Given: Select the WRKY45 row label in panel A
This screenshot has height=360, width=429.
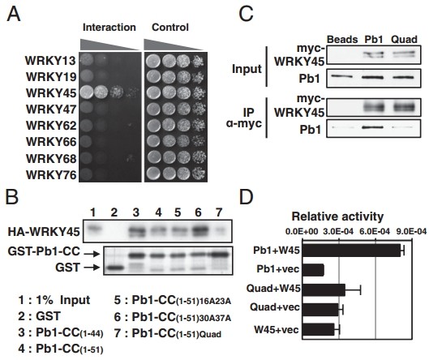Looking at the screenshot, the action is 51,93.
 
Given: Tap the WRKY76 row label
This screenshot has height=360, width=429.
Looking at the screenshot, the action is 51,175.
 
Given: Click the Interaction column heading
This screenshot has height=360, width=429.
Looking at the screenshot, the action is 109,28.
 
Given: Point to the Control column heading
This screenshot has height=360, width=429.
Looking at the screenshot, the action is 170,28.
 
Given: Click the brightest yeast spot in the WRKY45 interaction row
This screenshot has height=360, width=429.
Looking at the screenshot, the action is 87,92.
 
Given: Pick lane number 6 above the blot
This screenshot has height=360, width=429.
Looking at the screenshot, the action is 198,212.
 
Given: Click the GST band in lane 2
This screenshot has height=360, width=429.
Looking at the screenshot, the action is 114,268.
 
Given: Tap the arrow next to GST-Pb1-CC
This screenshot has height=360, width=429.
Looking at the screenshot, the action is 92,255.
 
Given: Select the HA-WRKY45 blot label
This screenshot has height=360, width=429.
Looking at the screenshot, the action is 44,232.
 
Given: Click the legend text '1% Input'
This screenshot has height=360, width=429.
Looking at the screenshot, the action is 63,300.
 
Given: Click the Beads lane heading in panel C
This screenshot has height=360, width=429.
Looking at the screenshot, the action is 342,40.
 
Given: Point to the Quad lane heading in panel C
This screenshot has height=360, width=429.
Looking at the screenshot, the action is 404,40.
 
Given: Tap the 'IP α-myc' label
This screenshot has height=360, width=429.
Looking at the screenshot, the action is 244,118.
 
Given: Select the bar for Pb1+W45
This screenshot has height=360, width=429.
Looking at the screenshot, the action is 351,250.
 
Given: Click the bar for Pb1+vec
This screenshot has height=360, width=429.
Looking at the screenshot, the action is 313,270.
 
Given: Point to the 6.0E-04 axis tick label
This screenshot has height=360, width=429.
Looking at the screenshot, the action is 375,232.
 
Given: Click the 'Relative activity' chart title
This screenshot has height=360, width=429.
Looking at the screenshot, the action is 337,216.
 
